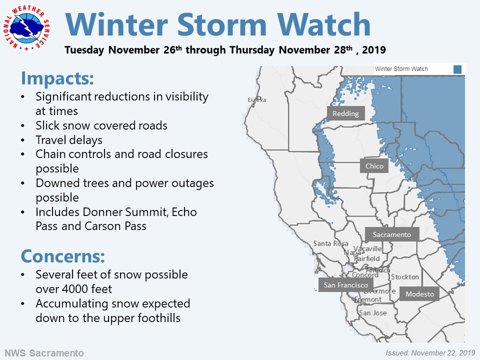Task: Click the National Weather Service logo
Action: pyautogui.click(x=26, y=28)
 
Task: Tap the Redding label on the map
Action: pyautogui.click(x=345, y=113)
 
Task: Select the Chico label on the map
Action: pyautogui.click(x=374, y=165)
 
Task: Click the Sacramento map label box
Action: pyautogui.click(x=392, y=234)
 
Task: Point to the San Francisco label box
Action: pyautogui.click(x=345, y=284)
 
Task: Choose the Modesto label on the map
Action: pyautogui.click(x=419, y=294)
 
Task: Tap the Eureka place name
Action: pyautogui.click(x=257, y=100)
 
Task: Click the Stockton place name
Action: pyautogui.click(x=404, y=276)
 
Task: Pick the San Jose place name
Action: pyautogui.click(x=372, y=313)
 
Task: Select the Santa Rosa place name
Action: pyautogui.click(x=330, y=243)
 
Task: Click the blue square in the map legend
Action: pyautogui.click(x=457, y=69)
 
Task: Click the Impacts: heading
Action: pyautogui.click(x=57, y=78)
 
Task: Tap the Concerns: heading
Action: pyautogui.click(x=63, y=256)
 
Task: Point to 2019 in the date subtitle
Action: pyautogui.click(x=374, y=49)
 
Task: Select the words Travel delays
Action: pyautogui.click(x=69, y=140)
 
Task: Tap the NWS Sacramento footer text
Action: pyautogui.click(x=44, y=353)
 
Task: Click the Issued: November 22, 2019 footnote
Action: pyautogui.click(x=430, y=353)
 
